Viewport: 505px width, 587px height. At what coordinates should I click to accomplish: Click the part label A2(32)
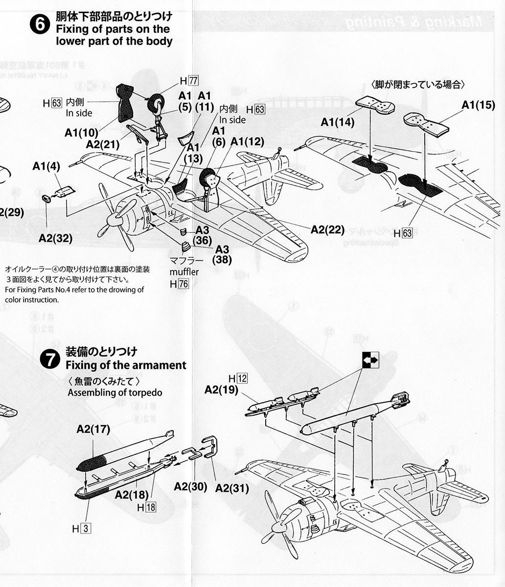point(55,238)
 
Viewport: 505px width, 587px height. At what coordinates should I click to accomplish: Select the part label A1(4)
point(46,166)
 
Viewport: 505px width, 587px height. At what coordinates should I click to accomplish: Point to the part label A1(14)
point(338,122)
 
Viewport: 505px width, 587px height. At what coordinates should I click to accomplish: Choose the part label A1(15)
point(478,105)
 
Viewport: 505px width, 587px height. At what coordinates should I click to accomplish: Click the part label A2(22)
point(327,229)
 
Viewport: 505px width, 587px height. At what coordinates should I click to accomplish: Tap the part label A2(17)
point(93,429)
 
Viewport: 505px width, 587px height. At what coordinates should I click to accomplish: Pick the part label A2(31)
point(232,488)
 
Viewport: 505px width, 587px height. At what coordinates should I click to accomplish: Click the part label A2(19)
point(221,389)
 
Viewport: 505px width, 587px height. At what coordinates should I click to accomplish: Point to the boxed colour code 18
point(150,507)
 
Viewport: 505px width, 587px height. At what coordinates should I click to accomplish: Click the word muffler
point(184,271)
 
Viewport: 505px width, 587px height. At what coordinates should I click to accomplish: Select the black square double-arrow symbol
point(370,360)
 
